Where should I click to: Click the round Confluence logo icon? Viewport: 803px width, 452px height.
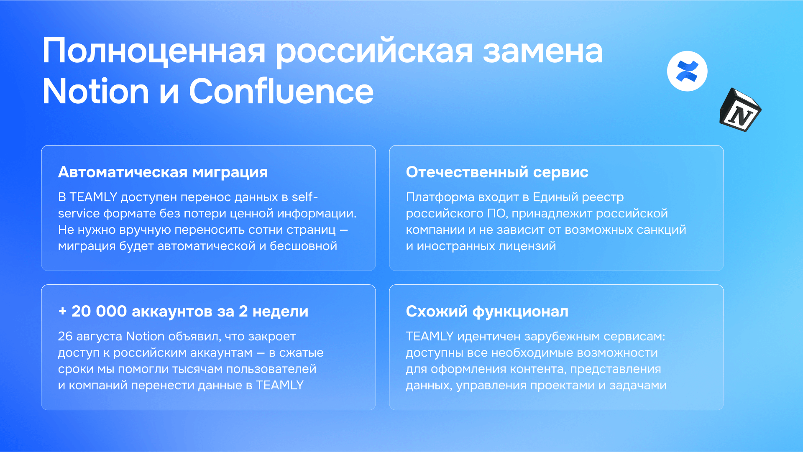point(687,71)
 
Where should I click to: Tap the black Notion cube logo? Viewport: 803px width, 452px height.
point(740,110)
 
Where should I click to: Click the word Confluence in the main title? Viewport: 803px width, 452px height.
point(281,91)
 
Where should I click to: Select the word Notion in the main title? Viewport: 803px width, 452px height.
point(96,91)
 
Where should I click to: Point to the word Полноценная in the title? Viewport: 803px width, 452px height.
point(154,51)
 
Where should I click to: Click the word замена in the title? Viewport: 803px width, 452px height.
point(543,51)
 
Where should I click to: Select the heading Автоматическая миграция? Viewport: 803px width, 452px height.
point(163,172)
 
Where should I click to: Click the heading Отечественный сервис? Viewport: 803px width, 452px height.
point(497,172)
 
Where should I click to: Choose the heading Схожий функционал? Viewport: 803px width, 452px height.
point(487,312)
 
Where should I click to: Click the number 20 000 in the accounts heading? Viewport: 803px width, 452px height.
point(99,312)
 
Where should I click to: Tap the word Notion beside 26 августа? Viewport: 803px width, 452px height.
point(145,336)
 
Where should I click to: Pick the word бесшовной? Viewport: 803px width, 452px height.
point(303,246)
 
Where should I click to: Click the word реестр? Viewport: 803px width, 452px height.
point(603,197)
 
